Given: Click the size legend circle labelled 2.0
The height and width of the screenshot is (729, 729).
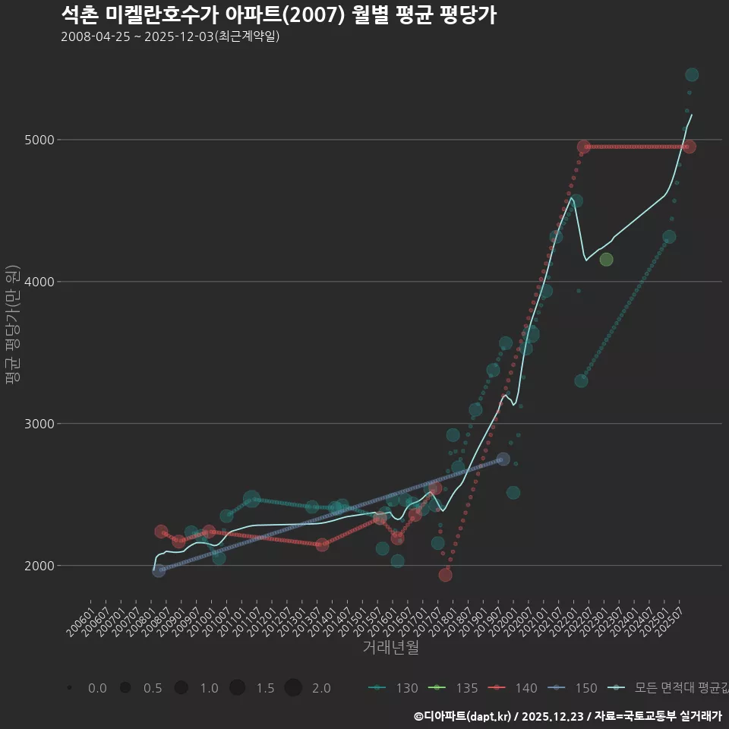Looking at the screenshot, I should click(294, 688).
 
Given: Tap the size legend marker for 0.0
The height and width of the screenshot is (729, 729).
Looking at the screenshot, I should click(69, 688).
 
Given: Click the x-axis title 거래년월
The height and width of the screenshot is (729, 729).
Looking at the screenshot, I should click(390, 648).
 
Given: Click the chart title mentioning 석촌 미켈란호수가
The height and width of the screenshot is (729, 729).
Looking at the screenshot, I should click(278, 15).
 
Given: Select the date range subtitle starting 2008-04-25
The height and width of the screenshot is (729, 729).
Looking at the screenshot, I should click(170, 36).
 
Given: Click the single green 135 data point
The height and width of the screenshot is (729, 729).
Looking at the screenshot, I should click(606, 260).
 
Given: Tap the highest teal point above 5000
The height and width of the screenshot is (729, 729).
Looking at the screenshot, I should click(692, 74).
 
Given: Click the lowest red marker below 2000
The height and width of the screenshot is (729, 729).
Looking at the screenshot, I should click(445, 575).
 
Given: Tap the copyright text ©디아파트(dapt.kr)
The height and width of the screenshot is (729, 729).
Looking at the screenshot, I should click(463, 716).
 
